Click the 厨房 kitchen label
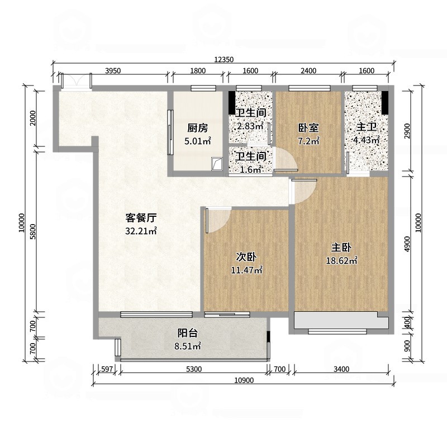[198, 128]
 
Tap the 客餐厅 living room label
[141, 218]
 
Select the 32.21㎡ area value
[141, 231]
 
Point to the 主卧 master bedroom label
[341, 248]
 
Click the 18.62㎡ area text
[341, 260]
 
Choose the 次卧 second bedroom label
[246, 257]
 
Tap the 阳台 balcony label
[188, 333]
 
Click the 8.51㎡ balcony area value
[188, 346]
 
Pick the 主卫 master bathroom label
[367, 127]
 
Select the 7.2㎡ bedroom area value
[309, 141]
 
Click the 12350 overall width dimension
[224, 60]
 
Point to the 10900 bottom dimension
[244, 381]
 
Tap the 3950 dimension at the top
[113, 71]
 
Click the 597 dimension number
[107, 369]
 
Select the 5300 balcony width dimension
[194, 369]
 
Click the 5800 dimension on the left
[33, 231]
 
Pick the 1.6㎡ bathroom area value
[250, 170]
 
